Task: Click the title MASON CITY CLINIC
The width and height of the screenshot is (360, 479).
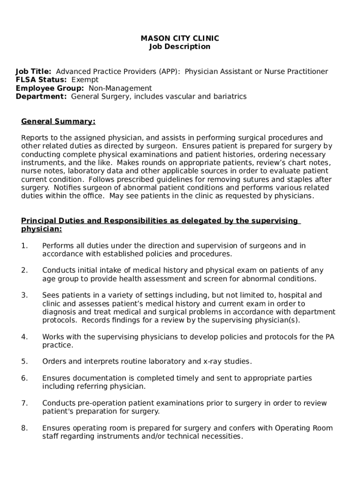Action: (x=180, y=38)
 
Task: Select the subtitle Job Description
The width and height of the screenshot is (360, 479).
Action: (x=180, y=47)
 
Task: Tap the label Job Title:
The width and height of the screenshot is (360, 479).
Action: (x=34, y=72)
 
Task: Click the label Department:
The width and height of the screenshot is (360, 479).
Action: (x=41, y=97)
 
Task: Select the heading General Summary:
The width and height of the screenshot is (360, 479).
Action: (x=58, y=122)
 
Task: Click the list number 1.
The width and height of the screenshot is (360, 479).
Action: (x=24, y=246)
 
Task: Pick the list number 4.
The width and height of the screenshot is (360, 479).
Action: (x=24, y=337)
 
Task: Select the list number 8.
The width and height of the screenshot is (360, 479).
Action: (x=24, y=428)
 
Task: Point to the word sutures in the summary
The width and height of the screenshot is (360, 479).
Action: (x=259, y=180)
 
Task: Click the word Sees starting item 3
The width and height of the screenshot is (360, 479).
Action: (x=50, y=295)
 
